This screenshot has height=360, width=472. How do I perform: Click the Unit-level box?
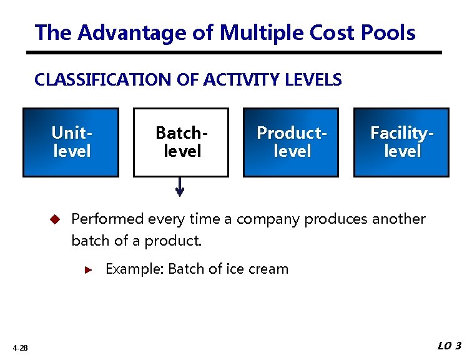71,142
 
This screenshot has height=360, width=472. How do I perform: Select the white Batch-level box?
181,142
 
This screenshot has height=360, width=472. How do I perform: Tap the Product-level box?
291,142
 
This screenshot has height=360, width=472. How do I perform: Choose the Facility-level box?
401,142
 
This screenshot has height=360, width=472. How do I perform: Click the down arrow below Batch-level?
180,187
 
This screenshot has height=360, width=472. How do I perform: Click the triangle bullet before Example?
89,270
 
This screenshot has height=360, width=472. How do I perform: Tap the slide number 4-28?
19,348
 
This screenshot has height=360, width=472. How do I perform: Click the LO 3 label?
449,346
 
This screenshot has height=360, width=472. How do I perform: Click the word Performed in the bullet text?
108,219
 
